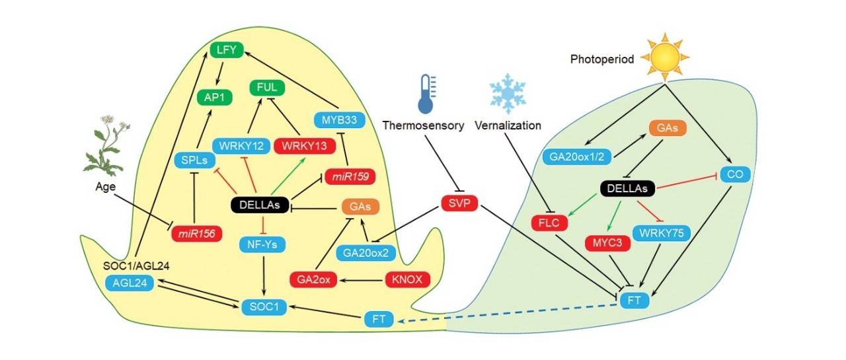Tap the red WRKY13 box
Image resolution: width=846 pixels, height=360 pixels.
click(305, 145)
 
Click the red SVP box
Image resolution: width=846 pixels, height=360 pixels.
click(459, 203)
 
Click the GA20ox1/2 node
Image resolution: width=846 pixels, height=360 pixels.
click(577, 157)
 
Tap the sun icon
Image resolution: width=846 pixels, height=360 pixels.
click(665, 58)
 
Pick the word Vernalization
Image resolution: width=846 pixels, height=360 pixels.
click(507, 126)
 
